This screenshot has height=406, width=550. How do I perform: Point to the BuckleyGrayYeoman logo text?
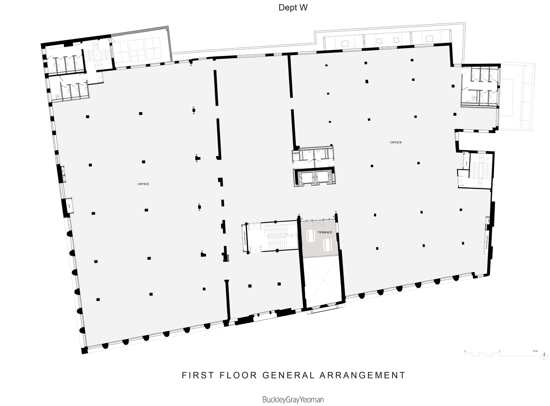point(293,400)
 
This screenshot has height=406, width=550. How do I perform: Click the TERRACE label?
point(325,232)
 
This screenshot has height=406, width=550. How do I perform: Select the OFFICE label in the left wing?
point(143,184)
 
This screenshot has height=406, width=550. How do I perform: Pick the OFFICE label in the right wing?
point(396,142)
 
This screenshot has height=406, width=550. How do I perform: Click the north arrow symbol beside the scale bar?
point(544,356)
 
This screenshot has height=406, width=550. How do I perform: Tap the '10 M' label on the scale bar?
point(535,351)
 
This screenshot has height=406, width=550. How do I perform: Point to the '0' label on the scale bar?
point(465,351)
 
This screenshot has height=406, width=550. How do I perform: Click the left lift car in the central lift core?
point(305,177)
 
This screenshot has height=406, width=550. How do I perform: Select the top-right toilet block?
point(479,86)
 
